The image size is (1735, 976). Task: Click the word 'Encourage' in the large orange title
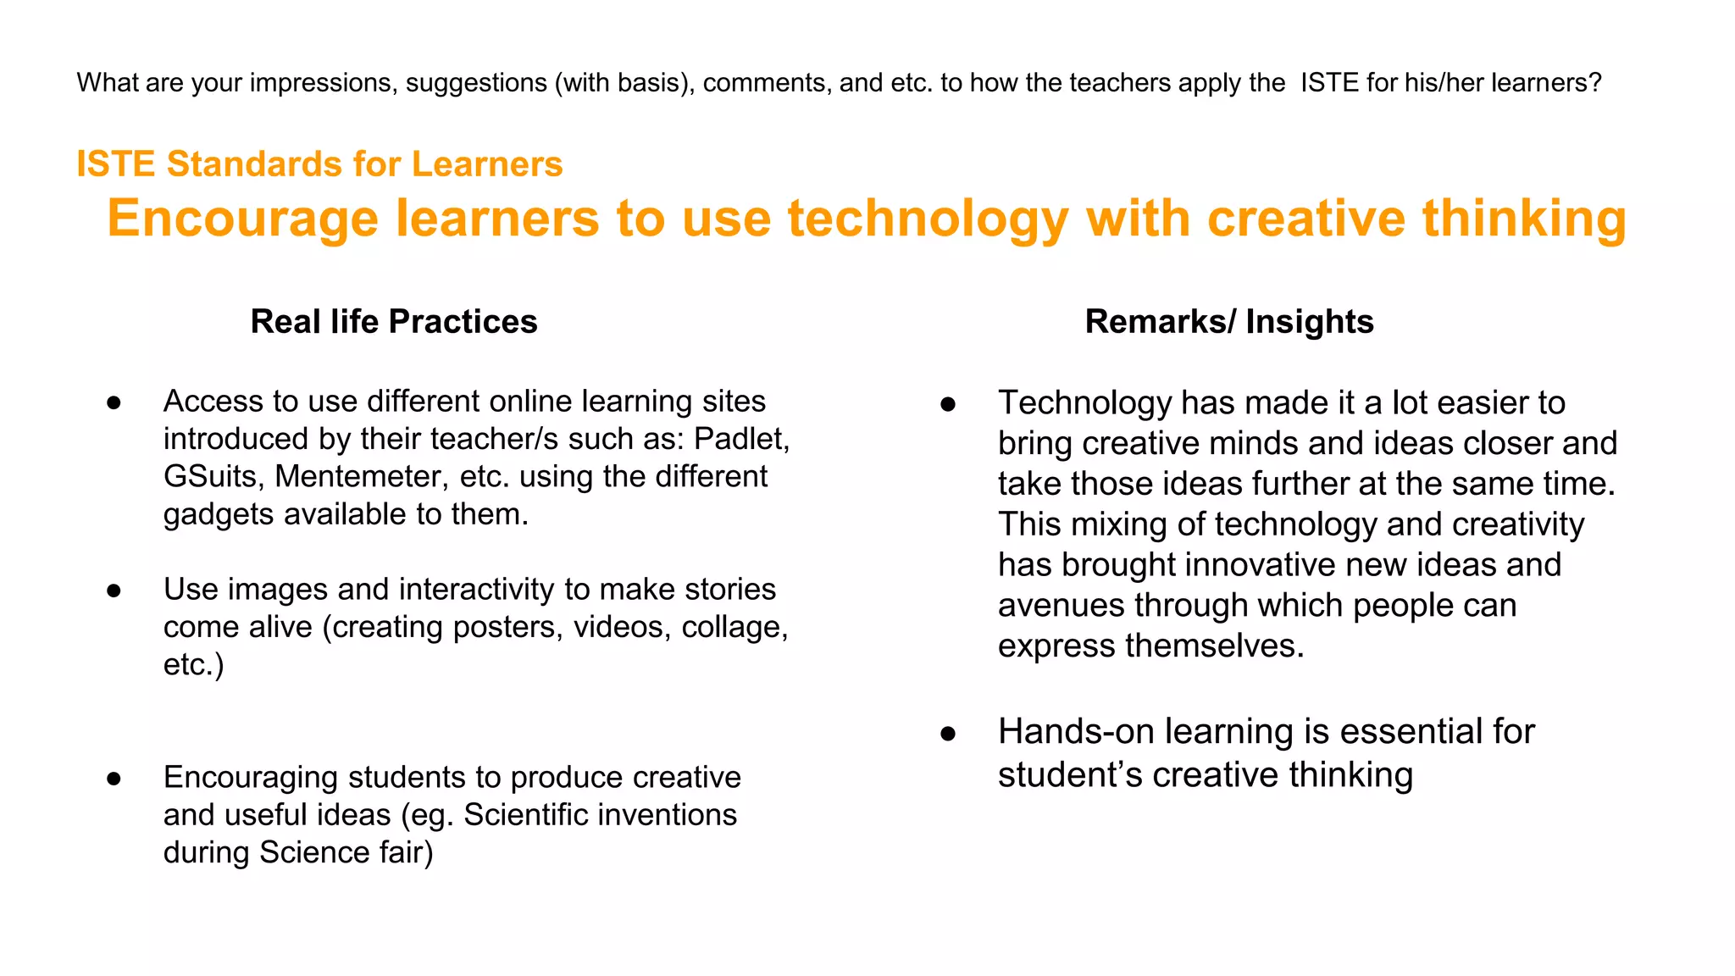[242, 219]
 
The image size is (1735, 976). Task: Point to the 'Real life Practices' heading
[394, 322]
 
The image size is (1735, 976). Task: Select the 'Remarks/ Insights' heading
[1228, 322]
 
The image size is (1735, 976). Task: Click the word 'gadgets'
[219, 514]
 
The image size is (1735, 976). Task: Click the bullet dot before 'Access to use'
[114, 403]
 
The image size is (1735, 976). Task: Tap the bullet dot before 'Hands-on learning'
[948, 734]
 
